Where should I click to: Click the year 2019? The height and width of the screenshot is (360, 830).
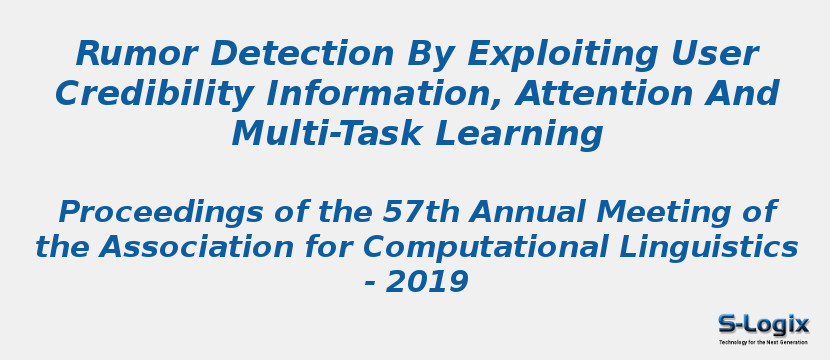(x=427, y=282)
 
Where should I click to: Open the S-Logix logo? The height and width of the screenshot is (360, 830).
(x=763, y=324)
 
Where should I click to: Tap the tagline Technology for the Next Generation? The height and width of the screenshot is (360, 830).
(x=763, y=342)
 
